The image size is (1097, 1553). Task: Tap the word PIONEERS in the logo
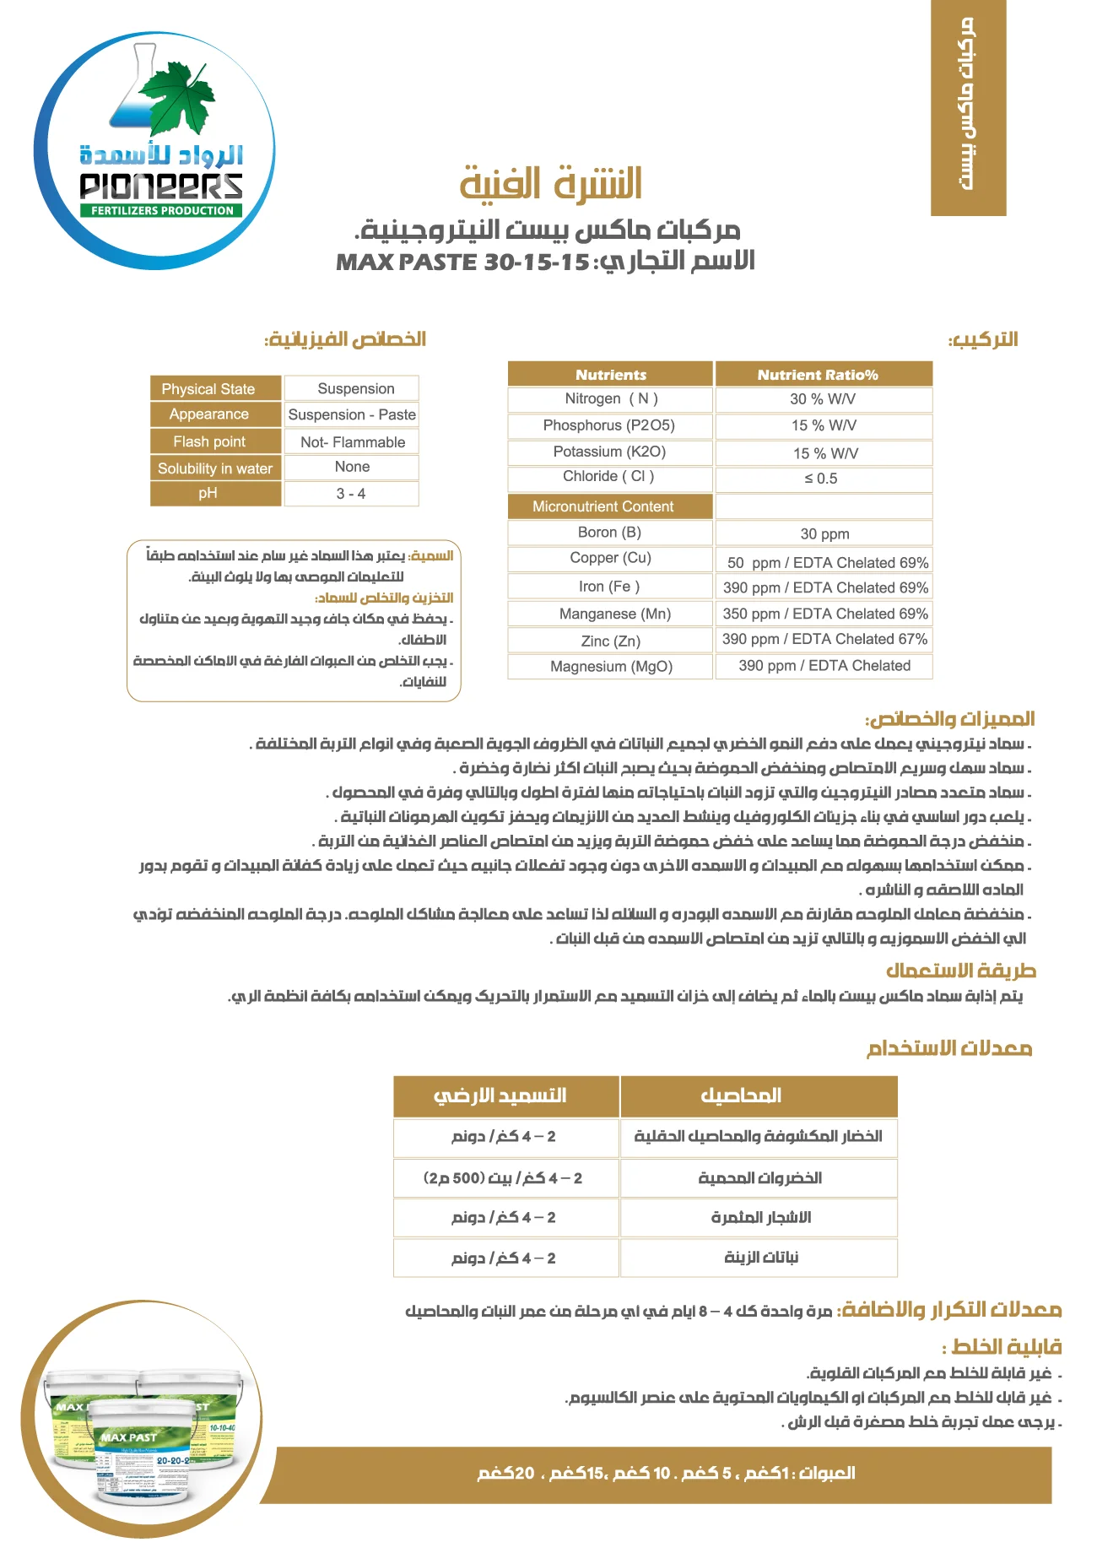click(160, 186)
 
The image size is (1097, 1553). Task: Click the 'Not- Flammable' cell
click(352, 441)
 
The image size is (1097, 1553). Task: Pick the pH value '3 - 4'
click(351, 494)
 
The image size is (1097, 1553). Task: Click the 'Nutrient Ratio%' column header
click(817, 375)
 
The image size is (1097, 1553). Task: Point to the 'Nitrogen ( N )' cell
click(611, 398)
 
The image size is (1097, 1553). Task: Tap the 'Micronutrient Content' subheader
click(603, 506)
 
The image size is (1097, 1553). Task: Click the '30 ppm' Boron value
click(824, 533)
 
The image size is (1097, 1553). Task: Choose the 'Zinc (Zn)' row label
click(610, 641)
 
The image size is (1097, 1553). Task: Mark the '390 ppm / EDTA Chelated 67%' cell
click(824, 639)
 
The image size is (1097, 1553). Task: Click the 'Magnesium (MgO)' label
click(611, 666)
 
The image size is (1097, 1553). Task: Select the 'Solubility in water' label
click(215, 468)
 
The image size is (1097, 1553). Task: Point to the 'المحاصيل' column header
click(741, 1096)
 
